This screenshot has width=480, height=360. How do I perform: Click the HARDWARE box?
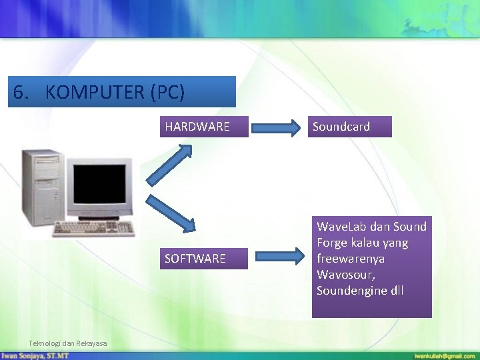point(203,127)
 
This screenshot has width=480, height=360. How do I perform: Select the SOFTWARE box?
point(203,258)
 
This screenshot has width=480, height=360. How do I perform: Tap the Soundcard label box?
point(351,127)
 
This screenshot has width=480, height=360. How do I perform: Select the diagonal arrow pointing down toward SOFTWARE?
point(171,213)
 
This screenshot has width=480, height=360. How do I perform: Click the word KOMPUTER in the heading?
point(94,93)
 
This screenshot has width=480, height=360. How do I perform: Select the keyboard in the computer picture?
point(93,229)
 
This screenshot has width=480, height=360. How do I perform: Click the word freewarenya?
point(351,259)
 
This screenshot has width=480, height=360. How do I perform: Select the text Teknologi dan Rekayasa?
point(67,343)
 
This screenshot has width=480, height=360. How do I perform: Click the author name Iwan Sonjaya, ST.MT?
point(35,356)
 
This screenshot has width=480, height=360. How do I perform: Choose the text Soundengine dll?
point(360,291)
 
